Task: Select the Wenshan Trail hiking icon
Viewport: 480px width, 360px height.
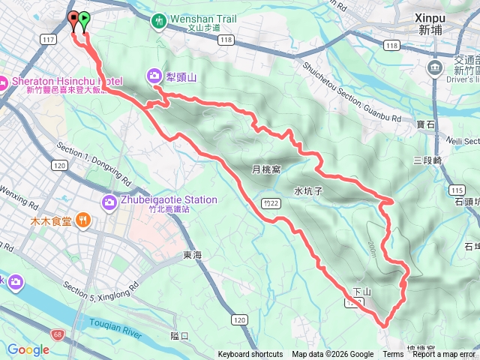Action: click(x=159, y=22)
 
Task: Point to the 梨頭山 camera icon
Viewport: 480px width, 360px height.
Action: click(x=154, y=75)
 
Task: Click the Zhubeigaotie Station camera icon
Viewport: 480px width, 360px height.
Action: click(x=109, y=202)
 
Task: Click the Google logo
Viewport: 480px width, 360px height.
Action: click(x=28, y=349)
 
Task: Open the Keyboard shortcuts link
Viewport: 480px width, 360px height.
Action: click(x=250, y=355)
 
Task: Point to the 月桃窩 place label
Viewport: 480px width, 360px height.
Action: click(x=266, y=169)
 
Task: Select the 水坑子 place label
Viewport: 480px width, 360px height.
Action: click(x=308, y=191)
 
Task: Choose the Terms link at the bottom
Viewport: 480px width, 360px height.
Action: click(x=393, y=355)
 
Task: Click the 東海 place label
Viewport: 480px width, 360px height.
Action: click(x=193, y=256)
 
